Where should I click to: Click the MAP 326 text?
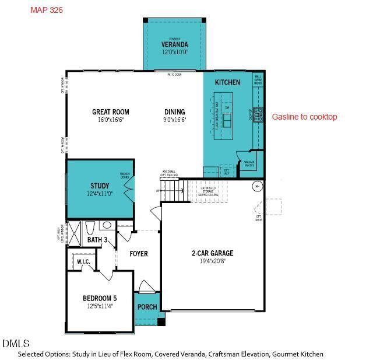(x=46, y=10)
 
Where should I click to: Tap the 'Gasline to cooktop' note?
(x=304, y=117)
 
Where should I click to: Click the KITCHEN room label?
(x=227, y=82)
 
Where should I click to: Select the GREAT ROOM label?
(x=111, y=112)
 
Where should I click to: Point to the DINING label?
(x=174, y=112)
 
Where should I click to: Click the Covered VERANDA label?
(x=174, y=44)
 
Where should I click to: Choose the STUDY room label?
(x=100, y=186)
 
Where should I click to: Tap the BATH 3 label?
(x=97, y=240)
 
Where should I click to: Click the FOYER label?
(x=139, y=254)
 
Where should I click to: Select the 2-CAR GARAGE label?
(x=212, y=253)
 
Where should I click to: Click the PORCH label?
(x=147, y=307)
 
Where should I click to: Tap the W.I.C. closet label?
(x=83, y=262)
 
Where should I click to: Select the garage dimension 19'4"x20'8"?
(x=212, y=261)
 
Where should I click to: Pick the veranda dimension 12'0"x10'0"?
(x=174, y=52)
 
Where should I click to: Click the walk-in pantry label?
(x=249, y=163)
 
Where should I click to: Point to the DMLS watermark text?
(x=16, y=343)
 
